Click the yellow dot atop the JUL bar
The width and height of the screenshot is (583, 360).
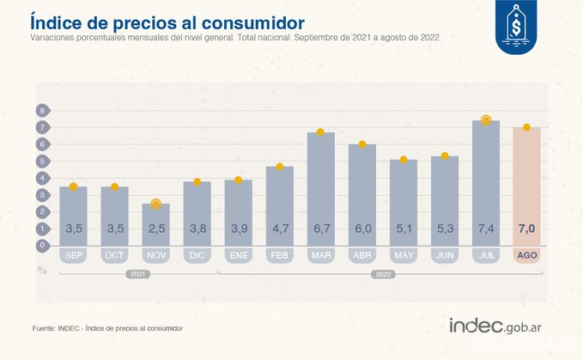(485, 120)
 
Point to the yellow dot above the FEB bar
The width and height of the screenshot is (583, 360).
(279, 167)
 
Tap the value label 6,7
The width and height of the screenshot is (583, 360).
(320, 229)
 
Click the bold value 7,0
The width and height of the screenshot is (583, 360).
(526, 229)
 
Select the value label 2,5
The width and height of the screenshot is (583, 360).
(155, 229)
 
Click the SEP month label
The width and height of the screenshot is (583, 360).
(73, 256)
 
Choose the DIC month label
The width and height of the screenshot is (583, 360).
(197, 256)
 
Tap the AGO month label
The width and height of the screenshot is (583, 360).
(526, 256)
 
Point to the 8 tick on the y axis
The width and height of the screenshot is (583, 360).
(41, 111)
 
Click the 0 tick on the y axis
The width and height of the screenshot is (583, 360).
(41, 245)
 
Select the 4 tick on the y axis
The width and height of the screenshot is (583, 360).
(41, 178)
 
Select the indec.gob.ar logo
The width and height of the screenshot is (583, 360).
(501, 326)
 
